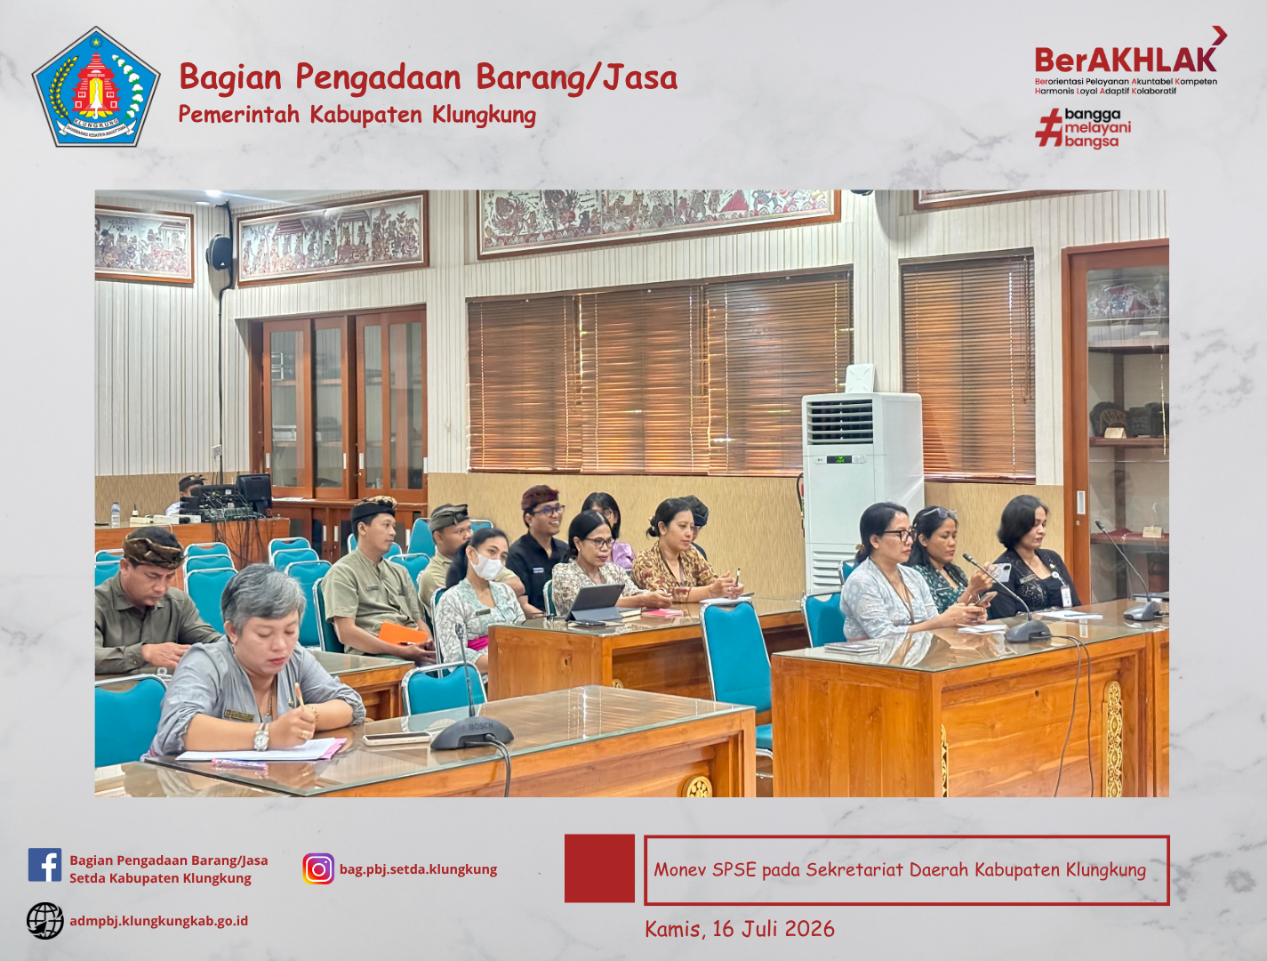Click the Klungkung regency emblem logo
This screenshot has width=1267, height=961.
coord(96,86)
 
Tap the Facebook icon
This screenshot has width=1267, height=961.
coord(44,865)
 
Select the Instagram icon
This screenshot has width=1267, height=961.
coord(318,868)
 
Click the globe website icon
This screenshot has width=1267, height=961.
coord(45,921)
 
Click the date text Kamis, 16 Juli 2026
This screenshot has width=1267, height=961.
coord(740,929)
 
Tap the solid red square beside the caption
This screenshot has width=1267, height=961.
coord(599,868)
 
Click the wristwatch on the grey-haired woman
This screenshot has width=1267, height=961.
coord(261,737)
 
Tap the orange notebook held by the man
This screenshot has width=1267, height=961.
coord(402,634)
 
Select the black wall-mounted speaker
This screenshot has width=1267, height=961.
coord(220,252)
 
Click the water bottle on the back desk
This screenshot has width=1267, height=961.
coord(116,514)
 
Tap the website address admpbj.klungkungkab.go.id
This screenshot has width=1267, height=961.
coord(159,921)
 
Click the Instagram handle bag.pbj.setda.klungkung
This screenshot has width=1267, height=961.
coord(419,869)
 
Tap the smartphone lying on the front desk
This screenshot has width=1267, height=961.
coord(396,739)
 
